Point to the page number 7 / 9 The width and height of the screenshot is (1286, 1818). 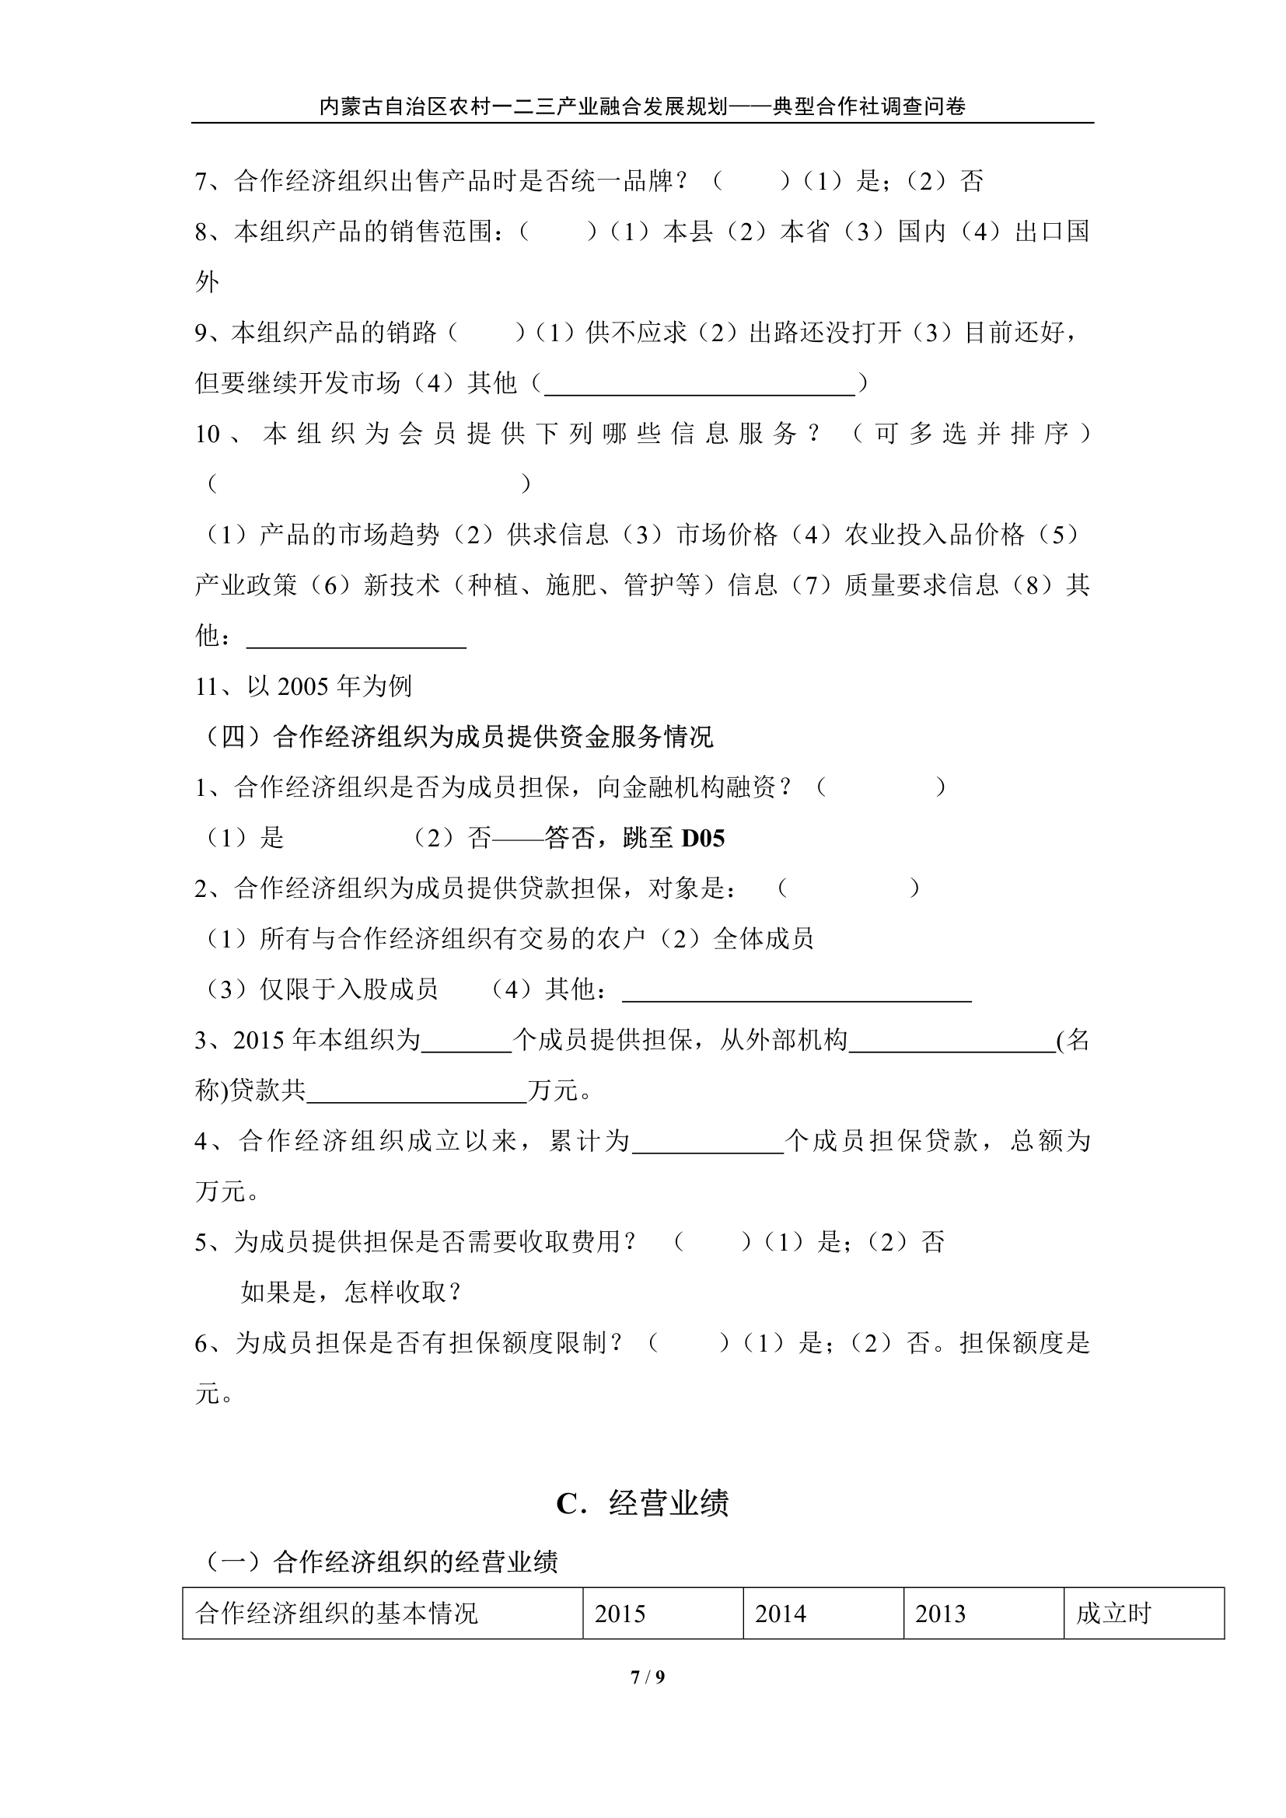[647, 1677]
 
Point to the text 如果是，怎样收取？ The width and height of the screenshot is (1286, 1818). [351, 1293]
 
